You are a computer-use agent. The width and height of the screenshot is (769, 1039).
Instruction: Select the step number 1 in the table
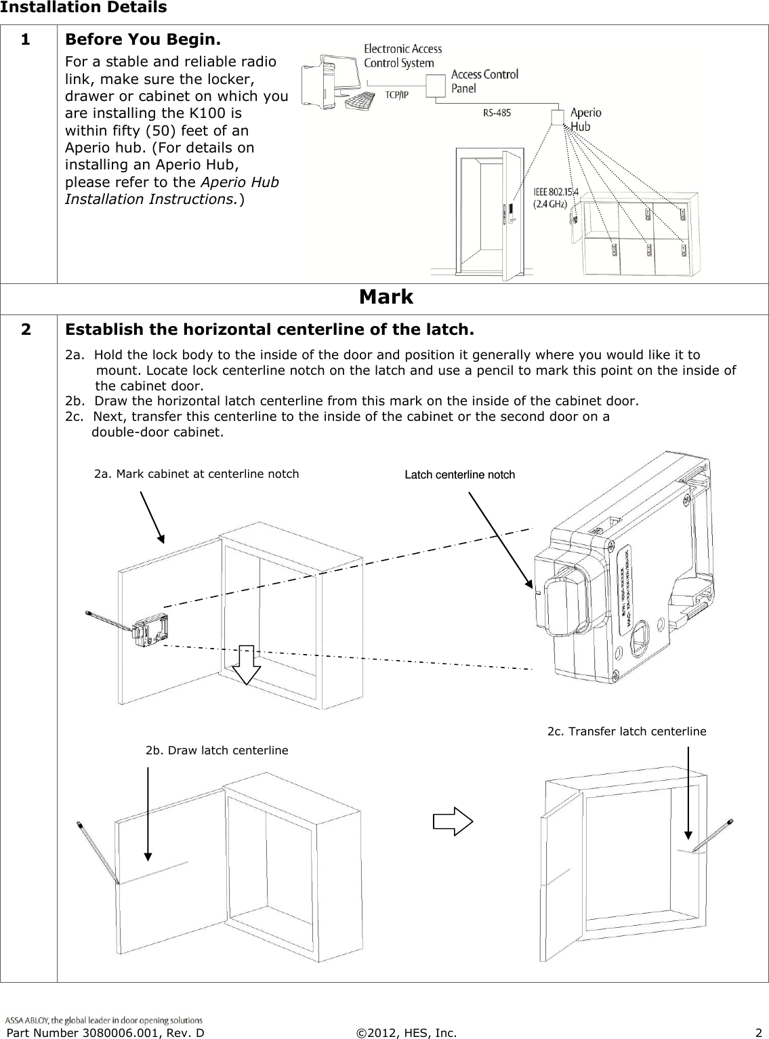pyautogui.click(x=25, y=39)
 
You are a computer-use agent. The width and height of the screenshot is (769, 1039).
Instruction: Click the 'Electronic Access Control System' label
pyautogui.click(x=402, y=56)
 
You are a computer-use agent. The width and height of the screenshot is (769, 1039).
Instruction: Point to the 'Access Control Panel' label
pyautogui.click(x=484, y=81)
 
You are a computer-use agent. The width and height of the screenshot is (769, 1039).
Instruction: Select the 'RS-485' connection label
pyautogui.click(x=497, y=114)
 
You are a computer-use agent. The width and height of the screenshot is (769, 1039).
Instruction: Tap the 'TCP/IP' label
pyautogui.click(x=397, y=95)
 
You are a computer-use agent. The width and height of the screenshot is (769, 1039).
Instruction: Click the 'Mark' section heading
pyautogui.click(x=386, y=297)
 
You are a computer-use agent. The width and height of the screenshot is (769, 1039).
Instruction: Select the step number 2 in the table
pyautogui.click(x=25, y=330)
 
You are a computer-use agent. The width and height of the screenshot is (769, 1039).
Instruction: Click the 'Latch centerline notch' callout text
pyautogui.click(x=459, y=474)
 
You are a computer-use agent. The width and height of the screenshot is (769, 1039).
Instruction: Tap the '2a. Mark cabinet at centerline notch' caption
pyautogui.click(x=196, y=474)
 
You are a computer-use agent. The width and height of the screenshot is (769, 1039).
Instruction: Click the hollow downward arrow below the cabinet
pyautogui.click(x=246, y=664)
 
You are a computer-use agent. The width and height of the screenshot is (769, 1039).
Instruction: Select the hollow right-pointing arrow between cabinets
pyautogui.click(x=453, y=822)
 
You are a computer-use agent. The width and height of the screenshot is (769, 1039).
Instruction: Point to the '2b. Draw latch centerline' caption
pyautogui.click(x=217, y=750)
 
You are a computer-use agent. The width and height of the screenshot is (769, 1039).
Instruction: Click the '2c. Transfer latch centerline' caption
pyautogui.click(x=626, y=731)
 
